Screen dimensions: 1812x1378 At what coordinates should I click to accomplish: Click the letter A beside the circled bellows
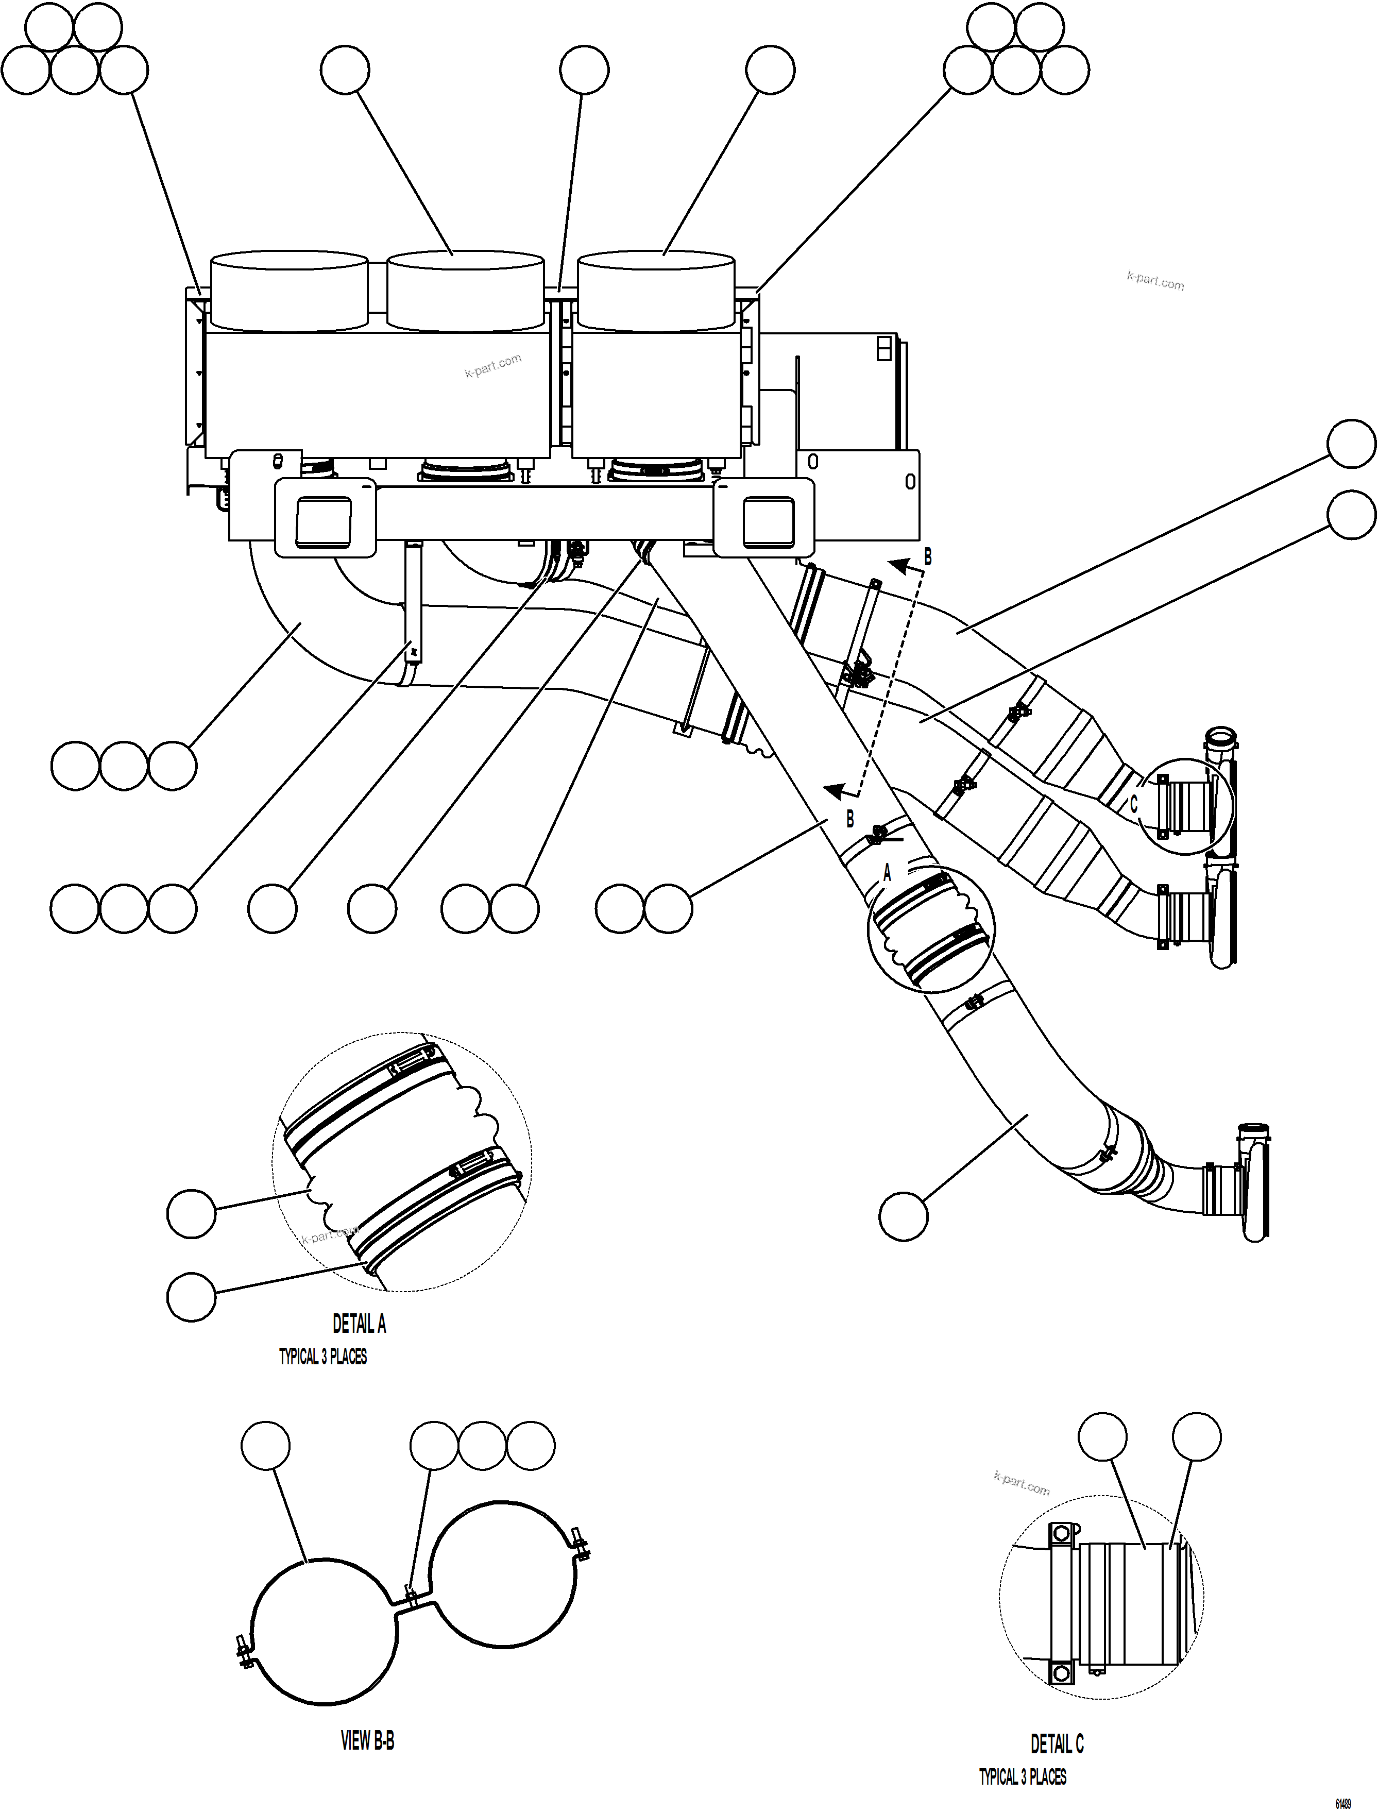(x=887, y=874)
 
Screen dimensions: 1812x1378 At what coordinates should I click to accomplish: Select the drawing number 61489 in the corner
(x=1343, y=1804)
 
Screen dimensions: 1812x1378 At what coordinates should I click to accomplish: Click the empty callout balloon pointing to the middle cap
(x=345, y=71)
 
